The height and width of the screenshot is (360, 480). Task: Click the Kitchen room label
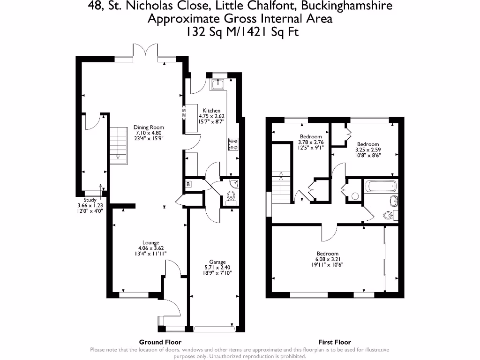[x=211, y=111]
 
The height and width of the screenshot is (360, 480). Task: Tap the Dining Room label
[x=149, y=127]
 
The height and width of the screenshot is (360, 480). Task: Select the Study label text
[x=90, y=200]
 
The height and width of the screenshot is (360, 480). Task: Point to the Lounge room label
[x=151, y=242]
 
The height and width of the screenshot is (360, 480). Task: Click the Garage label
[x=217, y=262]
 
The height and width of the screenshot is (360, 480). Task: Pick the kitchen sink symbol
[x=218, y=84]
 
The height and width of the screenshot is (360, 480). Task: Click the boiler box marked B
[x=188, y=184]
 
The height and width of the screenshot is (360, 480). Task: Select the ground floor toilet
[x=231, y=197]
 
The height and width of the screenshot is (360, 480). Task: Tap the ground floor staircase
[x=119, y=145]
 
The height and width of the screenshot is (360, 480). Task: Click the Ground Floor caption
[x=160, y=342]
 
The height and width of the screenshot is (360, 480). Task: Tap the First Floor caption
[x=335, y=342]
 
